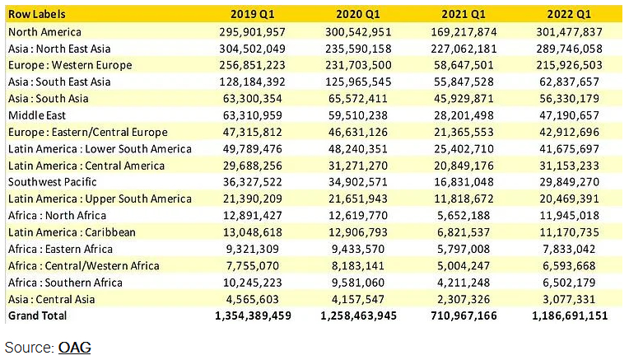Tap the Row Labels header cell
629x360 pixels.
click(37, 14)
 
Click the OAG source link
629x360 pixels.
click(74, 348)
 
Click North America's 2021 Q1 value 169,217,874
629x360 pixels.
click(464, 31)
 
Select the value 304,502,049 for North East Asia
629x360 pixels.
click(249, 49)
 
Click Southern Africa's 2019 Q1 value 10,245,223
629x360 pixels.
click(253, 283)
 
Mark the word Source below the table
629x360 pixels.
click(29, 348)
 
